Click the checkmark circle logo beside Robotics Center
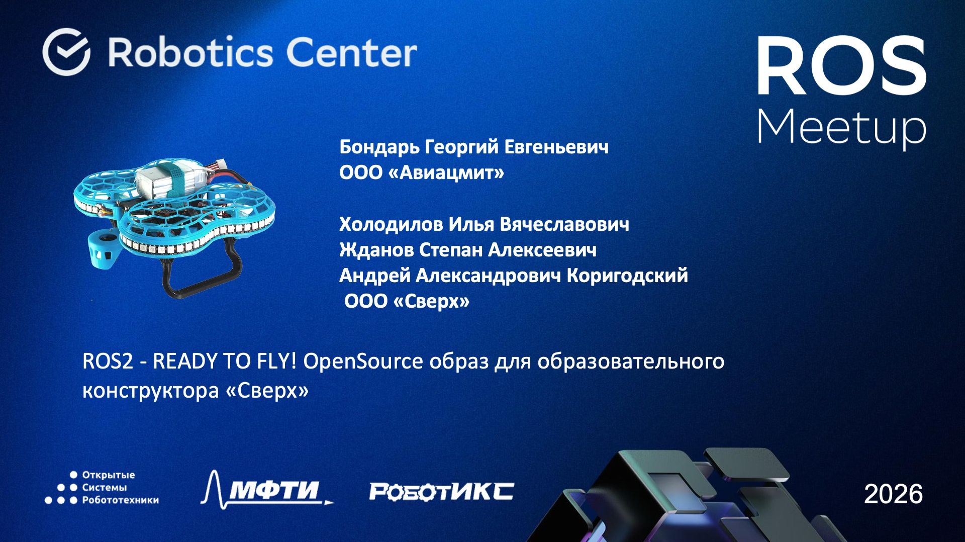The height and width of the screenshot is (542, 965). [66, 52]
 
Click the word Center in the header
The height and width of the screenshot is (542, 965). [351, 52]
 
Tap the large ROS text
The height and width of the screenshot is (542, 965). [841, 66]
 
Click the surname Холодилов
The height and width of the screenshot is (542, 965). [391, 224]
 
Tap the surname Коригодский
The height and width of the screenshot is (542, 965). [627, 276]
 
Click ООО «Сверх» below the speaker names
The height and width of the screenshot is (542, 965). [407, 302]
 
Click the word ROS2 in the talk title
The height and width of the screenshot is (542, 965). [108, 362]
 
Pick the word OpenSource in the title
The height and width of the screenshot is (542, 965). [363, 362]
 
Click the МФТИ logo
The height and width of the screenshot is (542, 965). [266, 489]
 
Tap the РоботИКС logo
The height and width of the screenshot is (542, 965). [441, 491]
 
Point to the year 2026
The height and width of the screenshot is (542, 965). [893, 494]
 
